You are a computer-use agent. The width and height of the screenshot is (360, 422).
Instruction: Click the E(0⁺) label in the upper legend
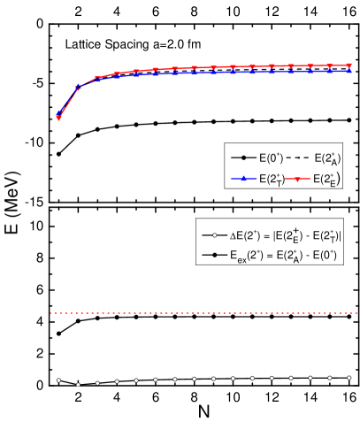click(x=271, y=158)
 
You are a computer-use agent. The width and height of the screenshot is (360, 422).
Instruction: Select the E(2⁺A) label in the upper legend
click(x=325, y=158)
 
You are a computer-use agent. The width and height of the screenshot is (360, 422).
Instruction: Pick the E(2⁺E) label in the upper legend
click(x=325, y=179)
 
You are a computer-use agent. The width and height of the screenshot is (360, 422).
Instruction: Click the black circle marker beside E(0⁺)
click(x=242, y=158)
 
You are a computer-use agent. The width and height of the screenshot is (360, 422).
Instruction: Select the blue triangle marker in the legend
click(x=242, y=179)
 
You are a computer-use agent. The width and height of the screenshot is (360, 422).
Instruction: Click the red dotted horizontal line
click(x=203, y=313)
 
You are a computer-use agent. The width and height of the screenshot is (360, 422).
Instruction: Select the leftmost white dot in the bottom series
click(x=58, y=380)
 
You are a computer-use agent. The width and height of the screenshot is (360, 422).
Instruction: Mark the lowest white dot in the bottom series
click(x=78, y=385)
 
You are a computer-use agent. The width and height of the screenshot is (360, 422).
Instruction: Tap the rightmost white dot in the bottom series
click(x=349, y=378)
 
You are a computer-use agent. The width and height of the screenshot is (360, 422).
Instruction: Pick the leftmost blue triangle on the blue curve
click(x=58, y=113)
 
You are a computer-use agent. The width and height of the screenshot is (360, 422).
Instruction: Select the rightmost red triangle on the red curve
click(x=349, y=65)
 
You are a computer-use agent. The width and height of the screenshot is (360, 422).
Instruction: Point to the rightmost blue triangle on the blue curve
click(x=349, y=71)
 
